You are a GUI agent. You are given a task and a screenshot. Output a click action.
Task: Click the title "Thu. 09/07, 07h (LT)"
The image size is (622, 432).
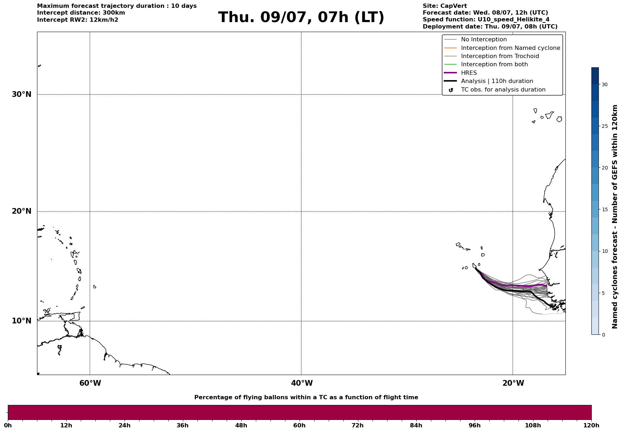[301, 17]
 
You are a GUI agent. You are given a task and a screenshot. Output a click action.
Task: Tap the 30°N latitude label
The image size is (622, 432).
[22, 94]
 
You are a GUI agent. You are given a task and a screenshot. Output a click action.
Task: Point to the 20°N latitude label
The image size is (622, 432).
[22, 211]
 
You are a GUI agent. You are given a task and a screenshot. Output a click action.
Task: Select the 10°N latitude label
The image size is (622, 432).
[22, 321]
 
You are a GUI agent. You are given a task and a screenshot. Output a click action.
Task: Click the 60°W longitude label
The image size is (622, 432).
[90, 383]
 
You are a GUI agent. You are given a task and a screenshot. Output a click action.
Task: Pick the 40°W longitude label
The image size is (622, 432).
[302, 383]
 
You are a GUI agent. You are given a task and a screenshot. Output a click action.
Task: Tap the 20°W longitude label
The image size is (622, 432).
[513, 383]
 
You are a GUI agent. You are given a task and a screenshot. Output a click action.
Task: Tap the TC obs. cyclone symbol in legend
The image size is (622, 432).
[451, 90]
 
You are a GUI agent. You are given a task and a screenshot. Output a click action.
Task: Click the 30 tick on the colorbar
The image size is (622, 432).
[605, 84]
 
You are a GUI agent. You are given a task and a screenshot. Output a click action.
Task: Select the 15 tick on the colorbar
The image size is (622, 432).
[605, 209]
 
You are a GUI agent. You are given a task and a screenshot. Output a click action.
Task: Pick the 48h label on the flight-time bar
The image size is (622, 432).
[241, 425]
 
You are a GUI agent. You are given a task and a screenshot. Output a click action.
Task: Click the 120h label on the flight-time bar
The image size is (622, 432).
[591, 425]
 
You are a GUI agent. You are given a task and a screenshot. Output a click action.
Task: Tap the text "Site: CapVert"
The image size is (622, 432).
[445, 6]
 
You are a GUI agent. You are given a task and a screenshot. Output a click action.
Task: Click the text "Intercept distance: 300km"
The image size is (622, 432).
[81, 13]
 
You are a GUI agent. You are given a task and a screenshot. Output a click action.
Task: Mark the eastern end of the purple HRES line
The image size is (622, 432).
[546, 286]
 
